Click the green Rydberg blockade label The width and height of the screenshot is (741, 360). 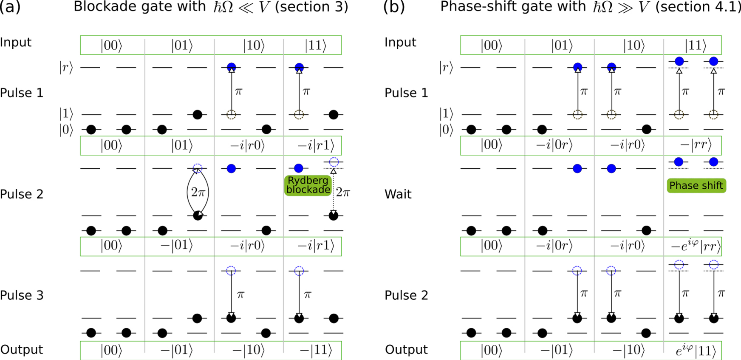(308, 185)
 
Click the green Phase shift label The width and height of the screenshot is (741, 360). (696, 186)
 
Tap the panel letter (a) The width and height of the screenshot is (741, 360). (10, 7)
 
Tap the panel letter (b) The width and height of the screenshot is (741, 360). (394, 7)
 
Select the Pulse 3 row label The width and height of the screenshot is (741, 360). (22, 295)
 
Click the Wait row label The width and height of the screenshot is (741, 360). (398, 194)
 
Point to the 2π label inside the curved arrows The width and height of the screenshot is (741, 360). (198, 193)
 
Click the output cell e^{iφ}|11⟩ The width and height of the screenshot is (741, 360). (695, 351)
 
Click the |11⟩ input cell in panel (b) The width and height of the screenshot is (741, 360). (695, 45)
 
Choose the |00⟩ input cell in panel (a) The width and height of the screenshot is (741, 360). (111, 45)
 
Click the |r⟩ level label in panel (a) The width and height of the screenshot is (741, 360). (66, 68)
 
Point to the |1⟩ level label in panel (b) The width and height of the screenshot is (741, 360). (446, 114)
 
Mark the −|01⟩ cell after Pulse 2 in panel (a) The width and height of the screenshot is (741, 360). (177, 246)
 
